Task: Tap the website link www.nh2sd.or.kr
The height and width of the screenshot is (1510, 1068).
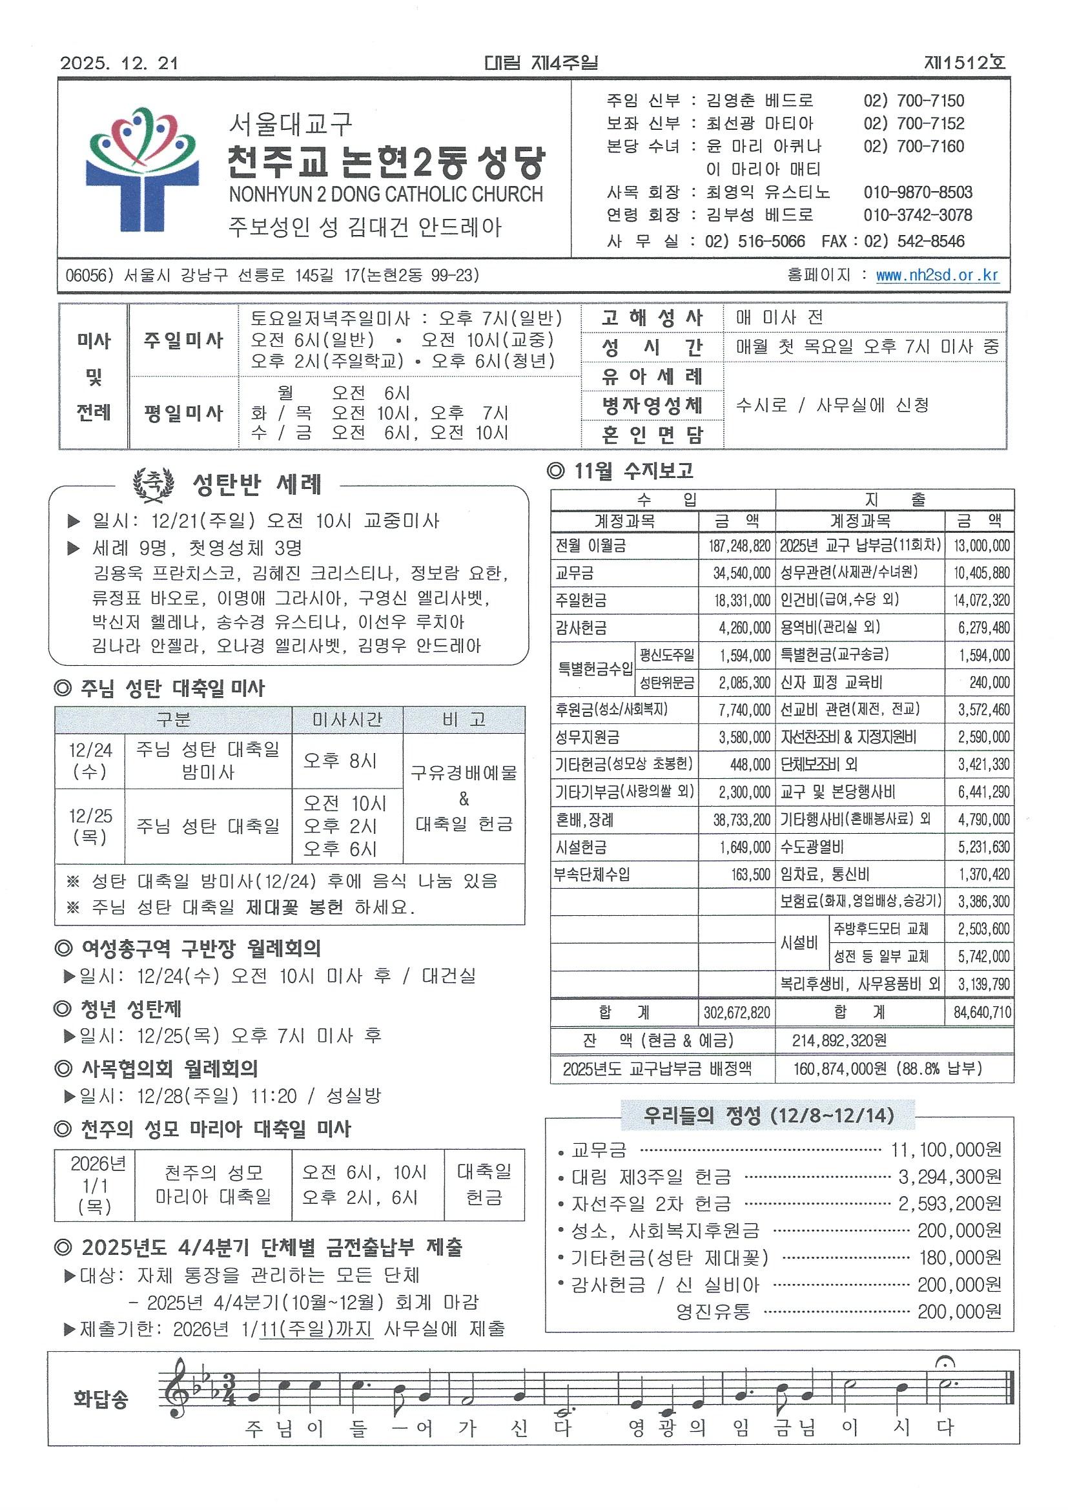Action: click(937, 275)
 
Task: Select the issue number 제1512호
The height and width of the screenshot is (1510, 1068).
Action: click(965, 63)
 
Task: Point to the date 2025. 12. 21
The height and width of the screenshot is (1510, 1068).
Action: click(119, 63)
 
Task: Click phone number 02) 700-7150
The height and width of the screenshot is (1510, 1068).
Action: click(914, 101)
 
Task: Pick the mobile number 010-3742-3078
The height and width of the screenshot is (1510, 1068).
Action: click(918, 214)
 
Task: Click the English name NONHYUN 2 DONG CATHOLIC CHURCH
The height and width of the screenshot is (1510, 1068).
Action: click(386, 194)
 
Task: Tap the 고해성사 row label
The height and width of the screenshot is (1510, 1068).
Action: click(652, 318)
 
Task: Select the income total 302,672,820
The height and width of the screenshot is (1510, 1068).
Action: click(737, 1012)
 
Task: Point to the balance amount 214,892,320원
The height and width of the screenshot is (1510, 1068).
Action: click(840, 1040)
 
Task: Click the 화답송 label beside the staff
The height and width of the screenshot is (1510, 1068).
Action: click(101, 1398)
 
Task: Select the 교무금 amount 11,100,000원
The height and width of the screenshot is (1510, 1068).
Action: click(946, 1150)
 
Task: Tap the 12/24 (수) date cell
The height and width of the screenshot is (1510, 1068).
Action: click(90, 760)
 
